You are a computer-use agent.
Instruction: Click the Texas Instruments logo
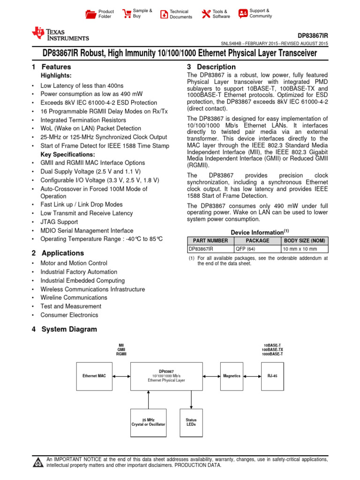pos(60,34)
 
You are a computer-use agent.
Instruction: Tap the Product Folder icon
pos(91,14)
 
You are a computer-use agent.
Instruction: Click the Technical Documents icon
pos(164,14)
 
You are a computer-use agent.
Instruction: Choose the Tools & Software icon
pos(206,14)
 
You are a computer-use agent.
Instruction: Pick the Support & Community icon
pos(243,13)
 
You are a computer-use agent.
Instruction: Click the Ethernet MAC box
pos(94,376)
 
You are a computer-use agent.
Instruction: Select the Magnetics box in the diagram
pos(232,376)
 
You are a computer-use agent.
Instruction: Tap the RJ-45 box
pos(272,376)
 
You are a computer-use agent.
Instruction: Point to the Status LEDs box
pos(191,421)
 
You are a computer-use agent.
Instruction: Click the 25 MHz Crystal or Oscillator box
pos(148,421)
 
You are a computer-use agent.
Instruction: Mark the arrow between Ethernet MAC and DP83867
pos(121,376)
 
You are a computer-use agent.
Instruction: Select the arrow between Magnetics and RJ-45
pos(252,376)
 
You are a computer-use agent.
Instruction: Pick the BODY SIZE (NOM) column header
pos(304,240)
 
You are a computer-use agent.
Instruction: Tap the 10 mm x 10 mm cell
pos(304,249)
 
